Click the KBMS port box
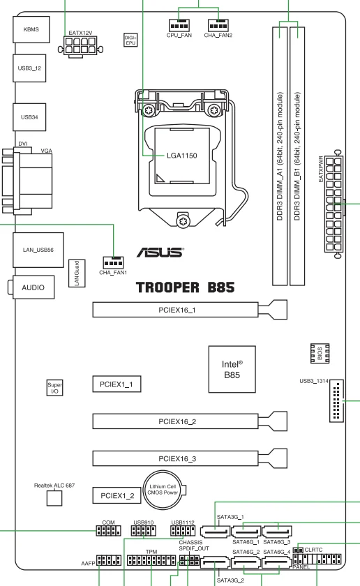coord(31,29)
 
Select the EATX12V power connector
coord(80,45)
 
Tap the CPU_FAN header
coord(179,25)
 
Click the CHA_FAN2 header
coord(218,25)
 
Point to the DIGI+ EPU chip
coord(130,40)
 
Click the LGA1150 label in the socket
coord(181,156)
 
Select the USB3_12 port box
coord(29,68)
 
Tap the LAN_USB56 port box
coord(38,250)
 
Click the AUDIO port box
coord(33,287)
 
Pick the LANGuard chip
coord(77,273)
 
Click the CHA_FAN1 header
coord(113,263)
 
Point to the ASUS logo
coord(160,253)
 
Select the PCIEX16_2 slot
coord(190,421)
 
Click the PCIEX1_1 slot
coord(117,384)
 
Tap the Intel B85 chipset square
coord(232,369)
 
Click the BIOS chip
coord(320,353)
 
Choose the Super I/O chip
coord(54,388)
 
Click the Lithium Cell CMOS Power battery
coord(163,490)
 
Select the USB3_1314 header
coord(336,401)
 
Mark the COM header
coord(108,530)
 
